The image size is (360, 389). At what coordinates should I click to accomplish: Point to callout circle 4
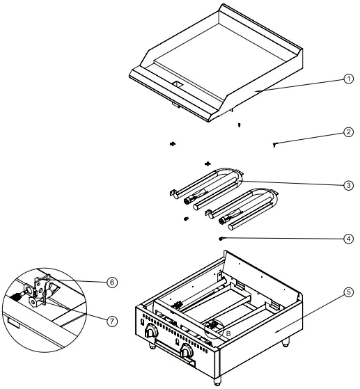348,238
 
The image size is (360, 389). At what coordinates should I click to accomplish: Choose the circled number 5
348,292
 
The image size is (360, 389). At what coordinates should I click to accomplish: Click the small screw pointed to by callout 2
276,144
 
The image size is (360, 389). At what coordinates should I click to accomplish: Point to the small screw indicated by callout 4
221,238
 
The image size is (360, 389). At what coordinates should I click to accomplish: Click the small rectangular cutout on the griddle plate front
178,84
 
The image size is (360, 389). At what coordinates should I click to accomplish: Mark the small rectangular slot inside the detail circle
12,321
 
